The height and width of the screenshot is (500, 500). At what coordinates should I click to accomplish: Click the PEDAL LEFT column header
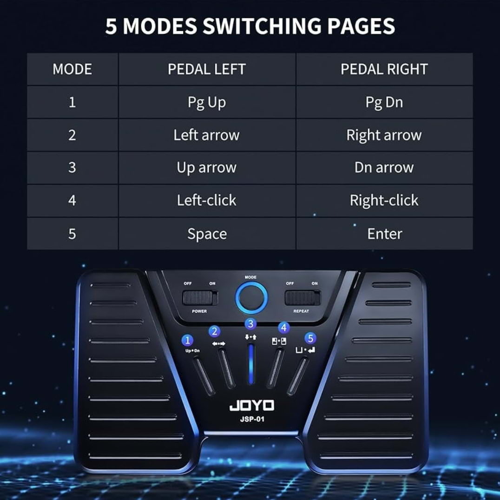coord(207,69)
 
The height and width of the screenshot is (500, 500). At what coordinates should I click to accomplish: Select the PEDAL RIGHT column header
coord(384,69)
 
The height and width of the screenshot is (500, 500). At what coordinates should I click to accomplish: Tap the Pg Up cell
coord(207,103)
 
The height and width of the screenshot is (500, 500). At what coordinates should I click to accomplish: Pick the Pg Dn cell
coord(384,103)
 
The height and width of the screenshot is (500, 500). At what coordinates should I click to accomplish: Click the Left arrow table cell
coord(207,135)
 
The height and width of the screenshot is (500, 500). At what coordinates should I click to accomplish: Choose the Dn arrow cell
coord(384,167)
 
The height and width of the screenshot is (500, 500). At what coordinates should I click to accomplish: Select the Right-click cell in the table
coord(384,201)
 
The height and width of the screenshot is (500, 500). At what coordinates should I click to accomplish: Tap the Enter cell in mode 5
coord(385,234)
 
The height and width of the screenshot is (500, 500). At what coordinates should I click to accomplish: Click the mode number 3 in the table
coord(72,167)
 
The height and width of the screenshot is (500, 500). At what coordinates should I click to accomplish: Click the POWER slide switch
coord(200,298)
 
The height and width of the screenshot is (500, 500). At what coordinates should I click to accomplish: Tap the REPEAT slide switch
coord(303,298)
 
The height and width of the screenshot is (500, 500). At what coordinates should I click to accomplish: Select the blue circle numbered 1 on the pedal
coord(187,340)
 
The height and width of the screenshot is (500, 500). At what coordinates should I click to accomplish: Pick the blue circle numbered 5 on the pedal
coord(310,338)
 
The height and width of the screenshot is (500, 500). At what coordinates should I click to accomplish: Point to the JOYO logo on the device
coord(252,406)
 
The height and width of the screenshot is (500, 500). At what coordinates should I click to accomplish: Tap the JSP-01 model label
coord(252,419)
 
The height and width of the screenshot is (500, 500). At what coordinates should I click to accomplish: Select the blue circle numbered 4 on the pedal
coord(284,328)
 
